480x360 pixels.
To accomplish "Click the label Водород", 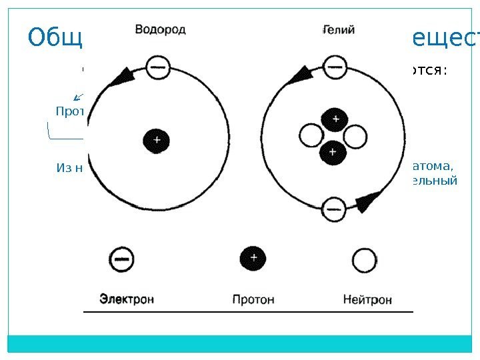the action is coord(161,29).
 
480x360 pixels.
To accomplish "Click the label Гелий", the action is coord(339,29).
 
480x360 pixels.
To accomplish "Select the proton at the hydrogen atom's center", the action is coord(157,141).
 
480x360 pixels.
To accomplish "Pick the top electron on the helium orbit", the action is coord(333,66).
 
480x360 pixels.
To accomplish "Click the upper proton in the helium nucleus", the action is coord(335,119).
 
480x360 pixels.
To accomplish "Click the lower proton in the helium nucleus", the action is coord(332,153).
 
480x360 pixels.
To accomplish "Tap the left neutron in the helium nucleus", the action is coord(311,137).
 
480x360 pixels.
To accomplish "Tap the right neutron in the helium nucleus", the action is coord(355,137).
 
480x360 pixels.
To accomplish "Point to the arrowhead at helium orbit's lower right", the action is coord(369,200).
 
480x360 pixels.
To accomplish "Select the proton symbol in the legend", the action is coord(253,257).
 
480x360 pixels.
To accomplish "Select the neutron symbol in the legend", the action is coord(365,260).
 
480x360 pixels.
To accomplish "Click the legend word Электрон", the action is coord(127,299).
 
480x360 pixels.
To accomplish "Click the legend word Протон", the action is coord(253,299).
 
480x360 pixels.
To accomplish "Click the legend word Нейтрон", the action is coord(367,299).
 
